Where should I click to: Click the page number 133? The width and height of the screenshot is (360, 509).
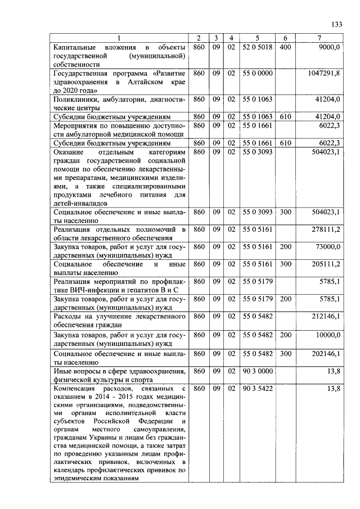pyautogui.click(x=337, y=24)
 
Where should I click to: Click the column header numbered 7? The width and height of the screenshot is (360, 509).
pyautogui.click(x=319, y=38)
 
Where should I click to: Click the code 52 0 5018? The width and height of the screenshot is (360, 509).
pyautogui.click(x=256, y=47)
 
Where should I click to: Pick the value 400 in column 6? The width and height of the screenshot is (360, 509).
pyautogui.click(x=285, y=47)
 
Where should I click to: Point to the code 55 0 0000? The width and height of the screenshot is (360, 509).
pyautogui.click(x=256, y=73)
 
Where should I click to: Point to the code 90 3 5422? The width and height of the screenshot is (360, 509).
pyautogui.click(x=256, y=388)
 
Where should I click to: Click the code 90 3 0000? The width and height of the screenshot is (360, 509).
pyautogui.click(x=256, y=371)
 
